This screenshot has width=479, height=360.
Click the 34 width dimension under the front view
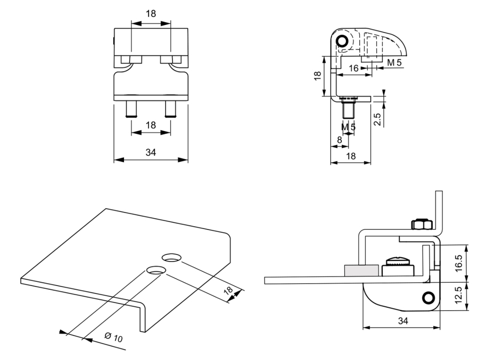pyautogui.click(x=151, y=153)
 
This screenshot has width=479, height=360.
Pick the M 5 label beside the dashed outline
pyautogui.click(x=394, y=63)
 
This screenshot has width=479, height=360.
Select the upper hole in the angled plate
pyautogui.click(x=171, y=257)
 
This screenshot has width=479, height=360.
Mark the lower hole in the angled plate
pyautogui.click(x=156, y=270)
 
